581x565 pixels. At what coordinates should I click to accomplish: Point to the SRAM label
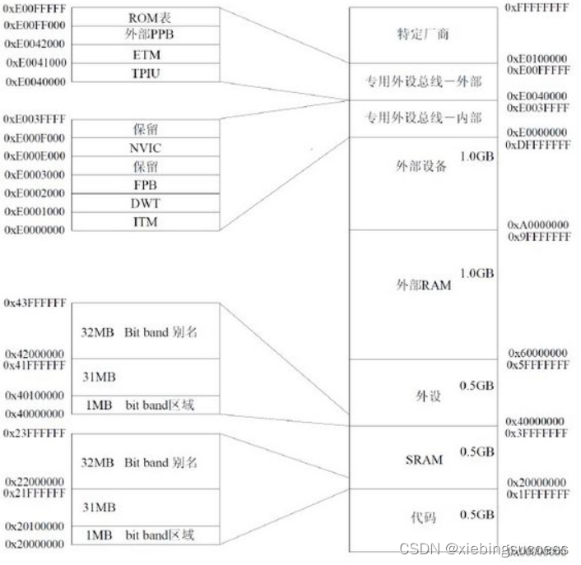point(425,460)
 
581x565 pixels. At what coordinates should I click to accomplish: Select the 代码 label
point(424,518)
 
